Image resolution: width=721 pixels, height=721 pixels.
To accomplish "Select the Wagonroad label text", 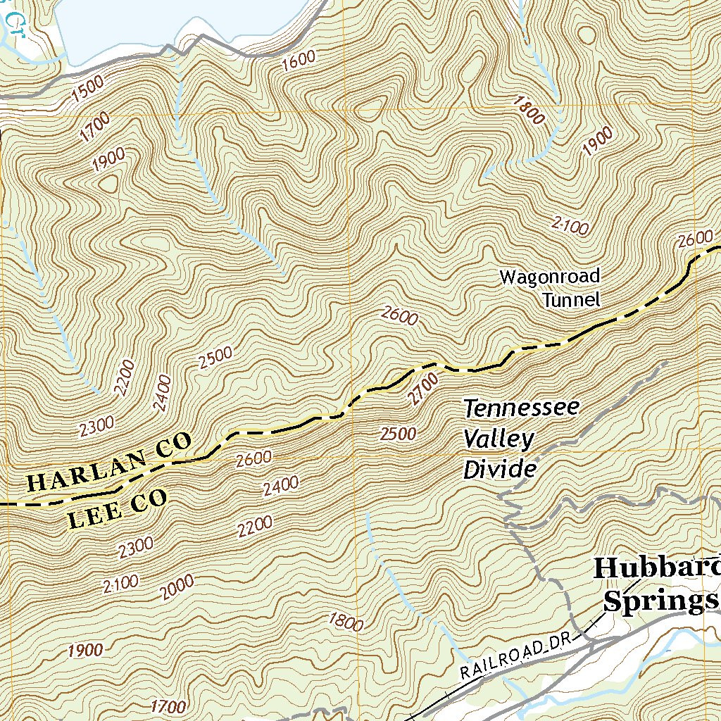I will click(x=549, y=277).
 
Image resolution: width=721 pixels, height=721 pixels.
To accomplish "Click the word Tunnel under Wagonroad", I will click(x=571, y=300).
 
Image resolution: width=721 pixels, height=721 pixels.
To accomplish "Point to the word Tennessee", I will click(x=521, y=408).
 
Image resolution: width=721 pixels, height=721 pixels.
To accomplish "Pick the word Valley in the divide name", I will click(x=499, y=439).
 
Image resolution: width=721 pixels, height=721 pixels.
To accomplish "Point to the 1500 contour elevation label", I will click(x=87, y=88).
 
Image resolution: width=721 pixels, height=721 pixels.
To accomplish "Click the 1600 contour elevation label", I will click(x=299, y=62).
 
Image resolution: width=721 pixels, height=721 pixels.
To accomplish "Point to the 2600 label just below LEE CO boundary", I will click(x=253, y=458).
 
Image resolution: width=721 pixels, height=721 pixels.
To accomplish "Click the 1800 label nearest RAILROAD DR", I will click(x=346, y=622).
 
